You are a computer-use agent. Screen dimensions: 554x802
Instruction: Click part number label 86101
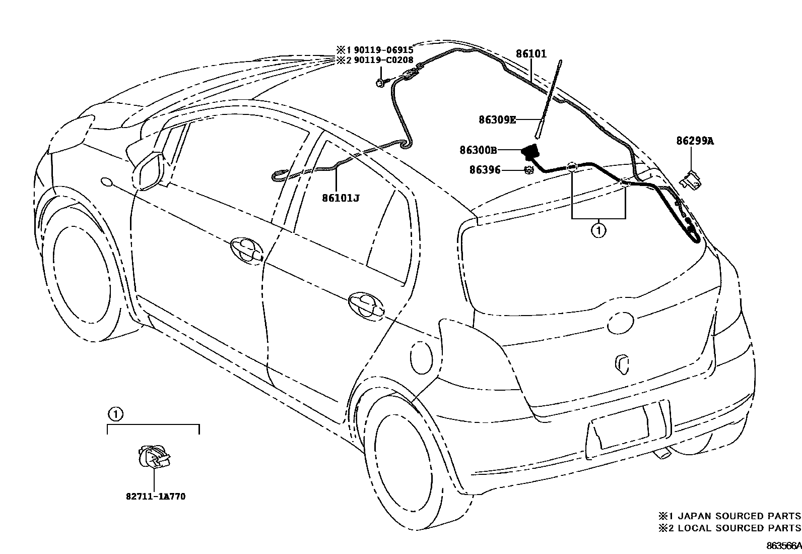point(530,53)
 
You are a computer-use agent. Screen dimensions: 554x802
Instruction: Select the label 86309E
point(497,119)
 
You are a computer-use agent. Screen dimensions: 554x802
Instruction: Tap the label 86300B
point(478,150)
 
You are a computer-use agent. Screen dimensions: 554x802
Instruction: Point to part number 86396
point(485,170)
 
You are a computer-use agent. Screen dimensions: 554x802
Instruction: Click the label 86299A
point(695,141)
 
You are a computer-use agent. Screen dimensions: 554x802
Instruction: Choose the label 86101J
point(341,198)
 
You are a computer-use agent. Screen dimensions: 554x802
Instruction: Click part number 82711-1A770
point(156,497)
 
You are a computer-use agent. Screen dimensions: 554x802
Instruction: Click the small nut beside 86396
point(529,170)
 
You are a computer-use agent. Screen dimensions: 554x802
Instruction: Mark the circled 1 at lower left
point(115,414)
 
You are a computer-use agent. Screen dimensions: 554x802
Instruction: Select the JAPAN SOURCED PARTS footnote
point(729,516)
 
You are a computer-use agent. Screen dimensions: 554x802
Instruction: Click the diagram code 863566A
point(784,546)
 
